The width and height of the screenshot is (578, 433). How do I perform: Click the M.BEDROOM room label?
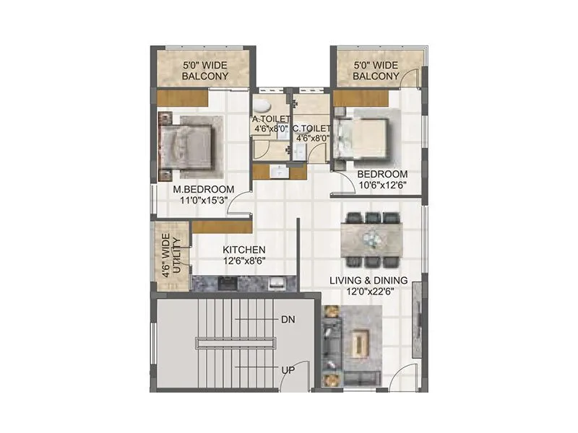click(x=203, y=190)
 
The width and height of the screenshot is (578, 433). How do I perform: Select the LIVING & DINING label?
click(x=368, y=280)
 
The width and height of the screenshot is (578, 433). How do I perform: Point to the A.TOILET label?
click(x=271, y=119)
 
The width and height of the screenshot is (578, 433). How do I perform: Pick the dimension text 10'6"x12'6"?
click(x=382, y=185)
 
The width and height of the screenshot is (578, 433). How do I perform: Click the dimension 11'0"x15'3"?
click(x=203, y=202)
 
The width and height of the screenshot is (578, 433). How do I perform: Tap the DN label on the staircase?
click(x=288, y=318)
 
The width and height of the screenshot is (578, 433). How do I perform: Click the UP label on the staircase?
click(x=288, y=369)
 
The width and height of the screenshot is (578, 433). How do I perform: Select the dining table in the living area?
click(x=372, y=238)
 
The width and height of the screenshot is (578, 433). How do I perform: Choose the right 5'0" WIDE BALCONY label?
click(x=376, y=70)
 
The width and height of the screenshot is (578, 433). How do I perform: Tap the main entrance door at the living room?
click(x=402, y=380)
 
